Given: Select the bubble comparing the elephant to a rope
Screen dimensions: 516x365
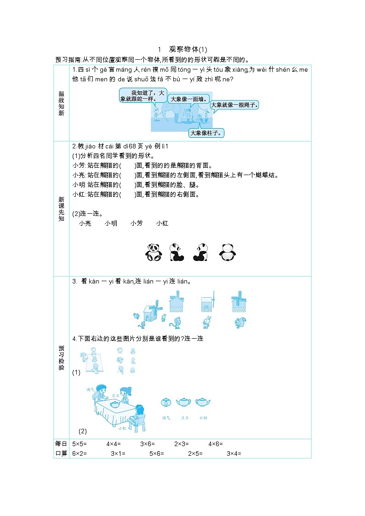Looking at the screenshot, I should tap(234, 105).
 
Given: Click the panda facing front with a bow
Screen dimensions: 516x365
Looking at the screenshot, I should tap(154, 252).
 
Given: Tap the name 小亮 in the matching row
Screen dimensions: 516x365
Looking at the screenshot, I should tap(85, 223).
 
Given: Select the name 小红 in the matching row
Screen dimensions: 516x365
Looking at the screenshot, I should tap(162, 223).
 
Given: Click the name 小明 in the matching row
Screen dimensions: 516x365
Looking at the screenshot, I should tap(111, 223).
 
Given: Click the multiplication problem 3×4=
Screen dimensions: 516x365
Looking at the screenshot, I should tap(234, 454).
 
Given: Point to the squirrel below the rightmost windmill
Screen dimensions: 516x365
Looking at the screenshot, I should tap(240, 323).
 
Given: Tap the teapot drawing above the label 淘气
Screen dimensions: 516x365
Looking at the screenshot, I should tap(166, 403).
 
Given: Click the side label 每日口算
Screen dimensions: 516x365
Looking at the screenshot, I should tap(61, 448).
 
